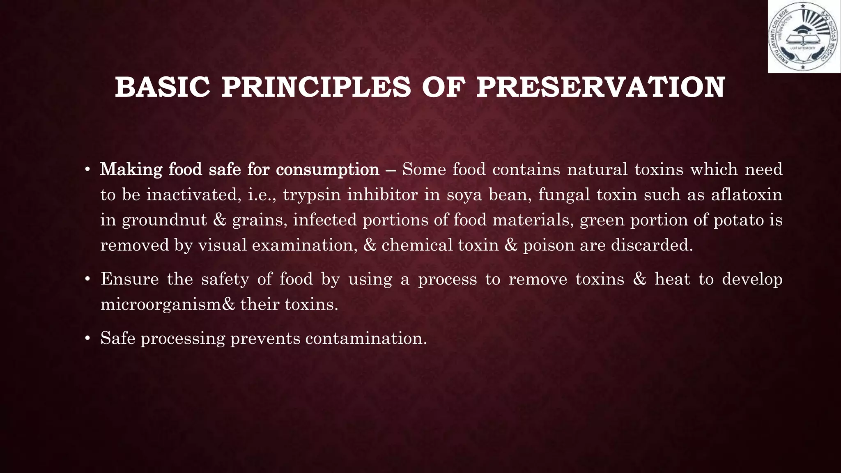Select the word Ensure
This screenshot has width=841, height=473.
click(x=129, y=279)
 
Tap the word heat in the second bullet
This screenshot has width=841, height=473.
click(x=672, y=279)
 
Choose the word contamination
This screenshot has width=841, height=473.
click(x=366, y=338)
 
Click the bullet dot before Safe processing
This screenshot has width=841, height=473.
click(x=87, y=339)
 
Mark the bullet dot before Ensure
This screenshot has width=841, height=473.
click(x=87, y=280)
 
